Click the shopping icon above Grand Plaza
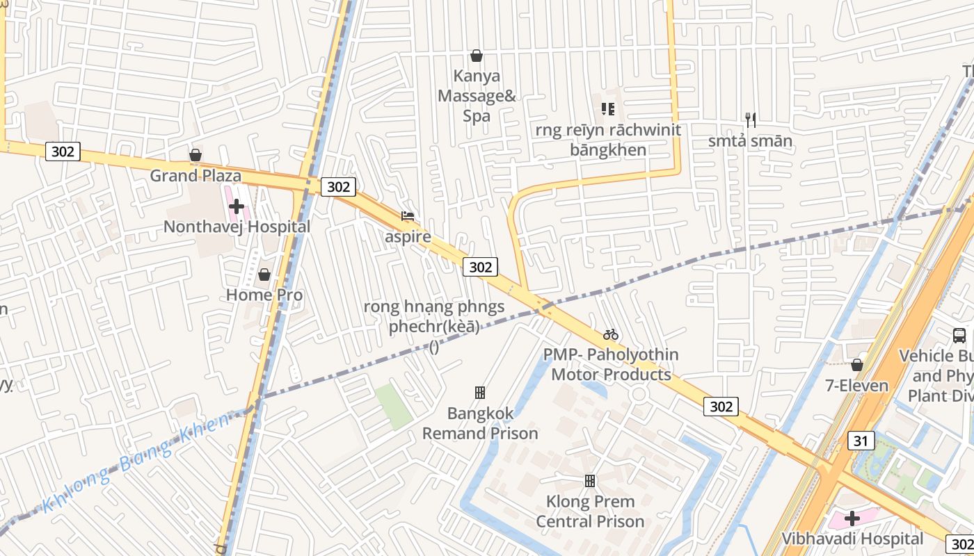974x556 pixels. click(x=195, y=154)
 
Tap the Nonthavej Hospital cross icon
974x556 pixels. click(x=237, y=206)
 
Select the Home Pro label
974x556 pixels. click(x=264, y=295)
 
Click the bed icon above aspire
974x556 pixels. click(x=408, y=216)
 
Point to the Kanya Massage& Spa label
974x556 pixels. click(x=477, y=96)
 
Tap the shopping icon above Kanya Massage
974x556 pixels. click(x=477, y=56)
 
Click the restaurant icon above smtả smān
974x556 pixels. click(x=750, y=120)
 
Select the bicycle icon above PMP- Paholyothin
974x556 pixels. click(x=611, y=334)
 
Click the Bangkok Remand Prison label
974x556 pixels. click(x=480, y=423)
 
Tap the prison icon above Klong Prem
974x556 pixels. click(x=590, y=480)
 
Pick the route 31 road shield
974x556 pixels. click(x=861, y=440)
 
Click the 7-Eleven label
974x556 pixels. click(x=856, y=386)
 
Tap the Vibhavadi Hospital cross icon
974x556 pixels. click(x=852, y=518)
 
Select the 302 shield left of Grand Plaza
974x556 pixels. click(x=63, y=152)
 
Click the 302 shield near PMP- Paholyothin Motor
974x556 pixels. click(x=720, y=406)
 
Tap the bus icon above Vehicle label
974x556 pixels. click(x=959, y=336)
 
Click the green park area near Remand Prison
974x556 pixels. click(x=394, y=406)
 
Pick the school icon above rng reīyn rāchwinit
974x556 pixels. click(x=608, y=109)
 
